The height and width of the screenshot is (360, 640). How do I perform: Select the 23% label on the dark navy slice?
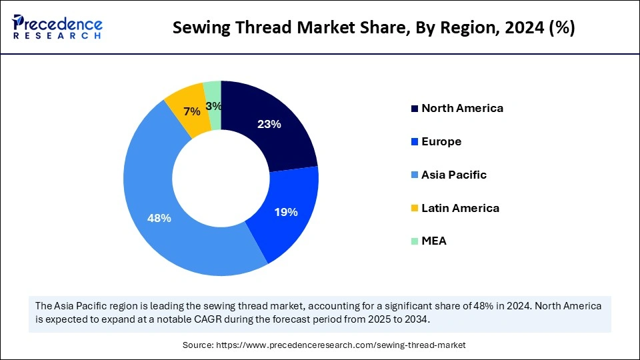coord(270,124)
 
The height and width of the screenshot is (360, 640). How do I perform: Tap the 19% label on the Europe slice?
coord(286,212)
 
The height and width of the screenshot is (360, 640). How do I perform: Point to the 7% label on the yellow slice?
coord(192,112)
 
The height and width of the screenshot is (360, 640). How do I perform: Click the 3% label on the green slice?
coord(213,105)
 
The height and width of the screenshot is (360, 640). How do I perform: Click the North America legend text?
coord(462,108)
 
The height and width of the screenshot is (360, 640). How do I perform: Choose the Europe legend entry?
coord(441,141)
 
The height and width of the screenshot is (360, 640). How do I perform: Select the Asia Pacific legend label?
coord(454,175)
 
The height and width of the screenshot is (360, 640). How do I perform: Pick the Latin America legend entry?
coord(460,208)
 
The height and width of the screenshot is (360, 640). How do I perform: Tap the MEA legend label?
coord(434,241)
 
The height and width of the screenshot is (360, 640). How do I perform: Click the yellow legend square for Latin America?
coord(415,209)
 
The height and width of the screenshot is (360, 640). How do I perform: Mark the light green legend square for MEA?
coord(415,241)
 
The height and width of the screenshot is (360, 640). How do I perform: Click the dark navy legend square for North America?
coord(415,109)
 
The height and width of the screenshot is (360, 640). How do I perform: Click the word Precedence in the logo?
coord(64,22)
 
